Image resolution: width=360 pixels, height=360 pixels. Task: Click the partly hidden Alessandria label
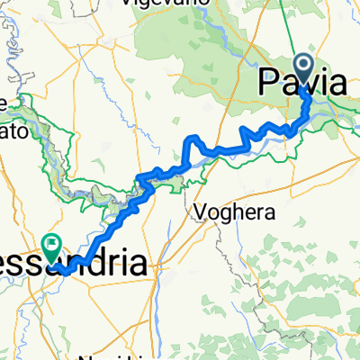tap(76, 264)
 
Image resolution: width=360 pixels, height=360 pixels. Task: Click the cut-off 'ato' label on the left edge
tap(18, 130)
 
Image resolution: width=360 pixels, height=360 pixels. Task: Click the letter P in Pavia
tap(268, 85)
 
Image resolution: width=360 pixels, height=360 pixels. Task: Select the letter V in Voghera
tap(199, 213)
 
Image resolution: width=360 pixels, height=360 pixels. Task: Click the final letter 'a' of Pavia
tap(335, 85)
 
